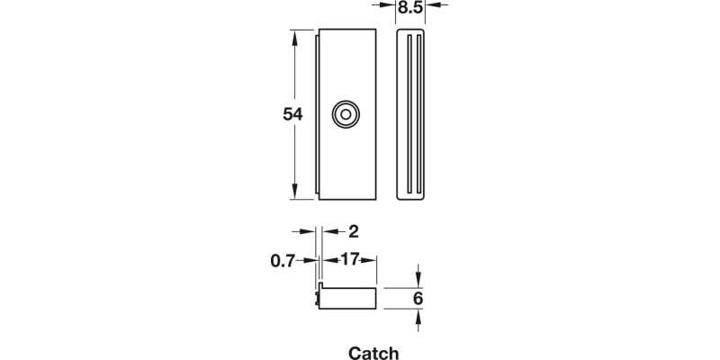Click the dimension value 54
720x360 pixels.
tap(292, 114)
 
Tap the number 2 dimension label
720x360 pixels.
tap(341, 230)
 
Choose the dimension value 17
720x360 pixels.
tap(349, 260)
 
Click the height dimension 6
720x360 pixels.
tap(418, 299)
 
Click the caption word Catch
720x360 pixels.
tap(373, 353)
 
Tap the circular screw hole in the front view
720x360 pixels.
tap(345, 114)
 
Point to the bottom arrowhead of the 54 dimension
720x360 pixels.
tap(295, 193)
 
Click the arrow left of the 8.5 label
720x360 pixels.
tap(388, 5)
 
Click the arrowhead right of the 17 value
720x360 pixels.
tap(371, 260)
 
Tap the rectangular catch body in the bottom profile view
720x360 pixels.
tap(349, 299)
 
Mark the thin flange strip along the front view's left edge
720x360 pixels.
tap(319, 114)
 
